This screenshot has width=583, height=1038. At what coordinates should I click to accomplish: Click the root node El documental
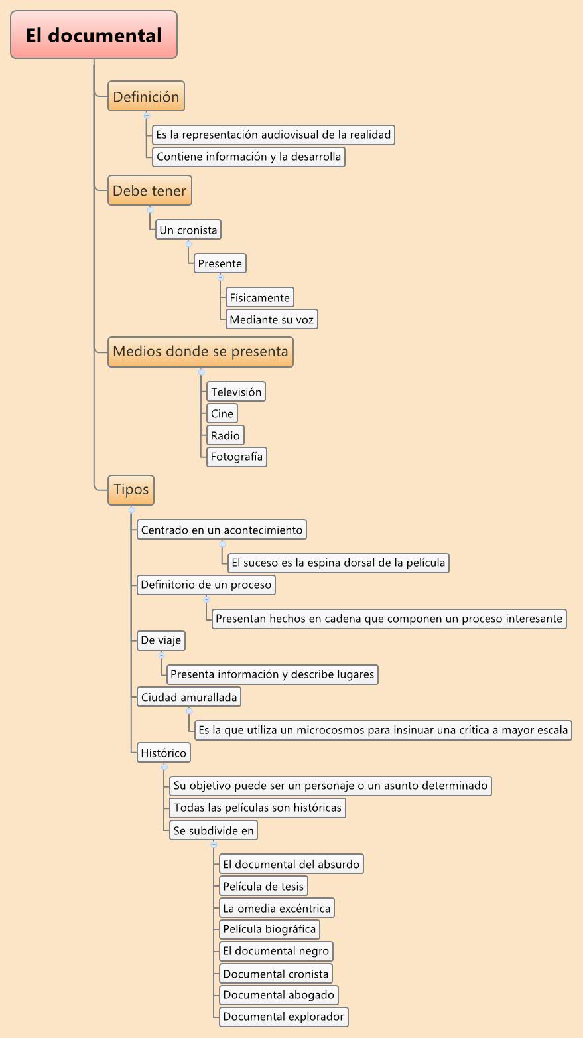(94, 35)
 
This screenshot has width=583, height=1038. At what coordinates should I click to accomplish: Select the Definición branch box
(146, 97)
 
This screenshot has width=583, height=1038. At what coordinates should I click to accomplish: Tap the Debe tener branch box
(150, 191)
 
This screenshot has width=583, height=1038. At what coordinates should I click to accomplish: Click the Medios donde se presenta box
(200, 352)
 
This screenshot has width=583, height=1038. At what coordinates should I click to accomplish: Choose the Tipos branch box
(131, 490)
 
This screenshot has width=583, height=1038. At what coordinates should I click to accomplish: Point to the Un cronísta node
(188, 230)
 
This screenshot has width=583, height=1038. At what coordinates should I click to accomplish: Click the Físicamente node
(259, 297)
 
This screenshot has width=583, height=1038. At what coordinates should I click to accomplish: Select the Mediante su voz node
(271, 319)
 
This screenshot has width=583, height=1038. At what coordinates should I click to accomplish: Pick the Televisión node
(236, 392)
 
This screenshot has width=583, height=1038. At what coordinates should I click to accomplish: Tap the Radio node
(225, 435)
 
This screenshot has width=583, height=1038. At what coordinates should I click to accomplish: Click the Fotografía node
(236, 457)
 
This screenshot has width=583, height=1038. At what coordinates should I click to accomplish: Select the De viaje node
(161, 640)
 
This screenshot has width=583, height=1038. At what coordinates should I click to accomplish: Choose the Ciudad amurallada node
(188, 697)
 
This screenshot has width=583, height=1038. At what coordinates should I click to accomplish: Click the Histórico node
(163, 753)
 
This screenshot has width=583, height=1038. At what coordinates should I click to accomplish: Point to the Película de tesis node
(263, 886)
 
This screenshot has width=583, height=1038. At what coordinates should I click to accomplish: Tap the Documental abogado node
(278, 995)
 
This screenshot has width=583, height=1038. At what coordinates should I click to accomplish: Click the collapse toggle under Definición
(147, 115)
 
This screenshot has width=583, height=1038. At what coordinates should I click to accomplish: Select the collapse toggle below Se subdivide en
(214, 844)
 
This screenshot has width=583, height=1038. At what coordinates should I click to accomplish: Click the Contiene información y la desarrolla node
(248, 157)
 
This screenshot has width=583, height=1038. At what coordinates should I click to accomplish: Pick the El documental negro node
(275, 950)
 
